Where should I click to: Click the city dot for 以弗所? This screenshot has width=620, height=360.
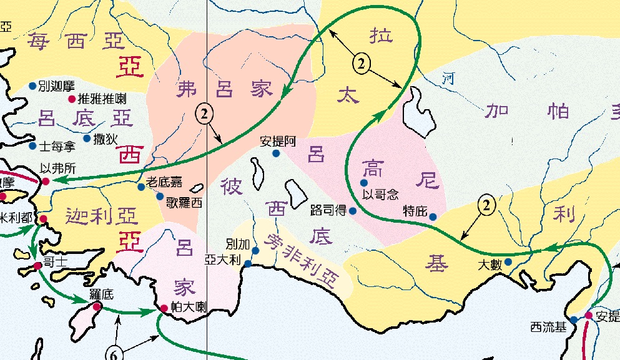46,182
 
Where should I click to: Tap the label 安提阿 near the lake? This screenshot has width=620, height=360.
277,141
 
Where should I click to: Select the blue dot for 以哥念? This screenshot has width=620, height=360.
365,183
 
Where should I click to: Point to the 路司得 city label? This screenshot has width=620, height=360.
328,211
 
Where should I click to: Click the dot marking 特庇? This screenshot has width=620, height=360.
433,216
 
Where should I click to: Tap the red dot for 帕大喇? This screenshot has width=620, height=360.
164,308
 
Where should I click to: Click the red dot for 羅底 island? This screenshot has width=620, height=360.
97,306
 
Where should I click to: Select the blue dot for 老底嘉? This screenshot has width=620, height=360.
141,187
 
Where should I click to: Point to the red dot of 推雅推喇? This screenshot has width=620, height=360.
71,99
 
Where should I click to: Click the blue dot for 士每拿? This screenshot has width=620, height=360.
32,146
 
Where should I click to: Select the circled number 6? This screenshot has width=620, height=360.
114,354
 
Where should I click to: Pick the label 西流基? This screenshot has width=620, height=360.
548,326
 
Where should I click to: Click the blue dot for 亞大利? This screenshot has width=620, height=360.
248,264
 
